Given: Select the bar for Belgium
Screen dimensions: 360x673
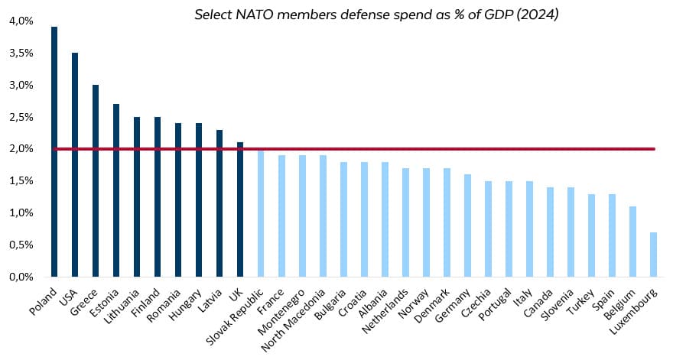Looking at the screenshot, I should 632,242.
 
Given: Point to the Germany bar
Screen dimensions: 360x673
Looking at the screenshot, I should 467,225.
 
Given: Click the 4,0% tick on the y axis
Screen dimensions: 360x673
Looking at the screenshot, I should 22,21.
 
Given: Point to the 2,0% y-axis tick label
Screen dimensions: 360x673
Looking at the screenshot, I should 22,149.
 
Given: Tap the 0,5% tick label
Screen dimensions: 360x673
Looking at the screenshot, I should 22,245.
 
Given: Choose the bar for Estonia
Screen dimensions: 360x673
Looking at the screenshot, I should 116,190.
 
